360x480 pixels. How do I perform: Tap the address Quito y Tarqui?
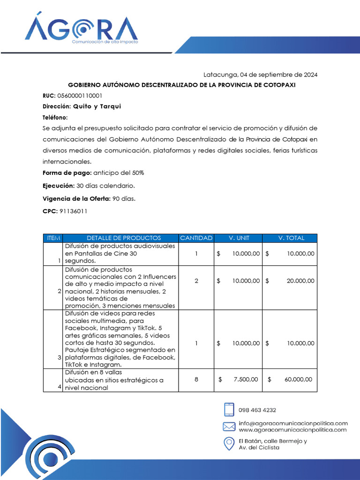click(97, 106)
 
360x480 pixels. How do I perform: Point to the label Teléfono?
click(55, 117)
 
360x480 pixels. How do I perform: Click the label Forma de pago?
click(67, 173)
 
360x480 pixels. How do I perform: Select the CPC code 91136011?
click(73, 211)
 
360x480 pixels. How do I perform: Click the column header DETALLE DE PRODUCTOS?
click(120, 238)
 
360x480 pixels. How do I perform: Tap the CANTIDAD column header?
click(196, 238)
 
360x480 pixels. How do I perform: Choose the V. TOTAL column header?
click(291, 238)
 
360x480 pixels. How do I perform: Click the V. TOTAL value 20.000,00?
click(300, 281)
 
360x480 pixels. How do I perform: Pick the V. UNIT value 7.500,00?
click(245, 379)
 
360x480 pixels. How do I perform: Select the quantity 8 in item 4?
click(196, 379)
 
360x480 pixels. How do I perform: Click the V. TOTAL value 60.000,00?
click(298, 379)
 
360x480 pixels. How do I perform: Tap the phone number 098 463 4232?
click(257, 410)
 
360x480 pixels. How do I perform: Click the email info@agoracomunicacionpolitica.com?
click(293, 423)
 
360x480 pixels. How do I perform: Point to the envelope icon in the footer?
click(229, 427)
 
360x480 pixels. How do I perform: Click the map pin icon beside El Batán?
click(229, 443)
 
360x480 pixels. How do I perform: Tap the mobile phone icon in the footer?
click(229, 410)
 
